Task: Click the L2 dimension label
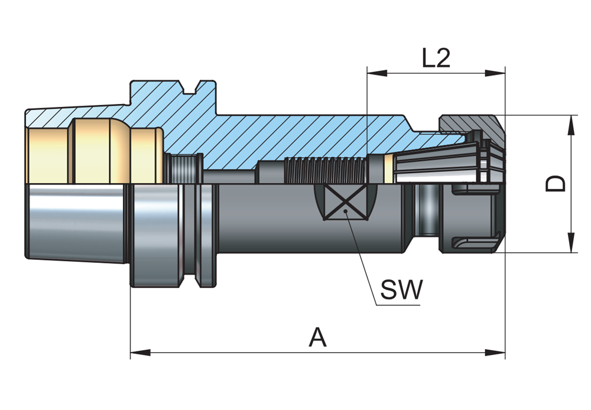[436, 58]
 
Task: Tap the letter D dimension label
[556, 184]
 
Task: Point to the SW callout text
[401, 289]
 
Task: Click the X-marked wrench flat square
[346, 203]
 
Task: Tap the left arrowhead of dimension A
[140, 353]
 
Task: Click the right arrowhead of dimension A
[495, 353]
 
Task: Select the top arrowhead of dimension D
[571, 125]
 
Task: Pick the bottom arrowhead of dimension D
[571, 243]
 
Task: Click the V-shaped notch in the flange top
[191, 87]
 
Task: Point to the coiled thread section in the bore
[326, 170]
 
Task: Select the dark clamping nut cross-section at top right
[471, 128]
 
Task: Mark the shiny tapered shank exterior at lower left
[76, 222]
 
